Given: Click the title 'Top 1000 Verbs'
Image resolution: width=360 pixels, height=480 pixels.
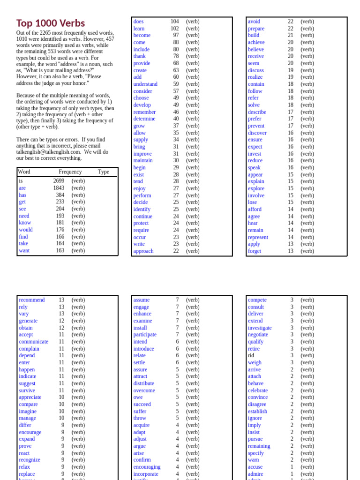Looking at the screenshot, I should [51, 23].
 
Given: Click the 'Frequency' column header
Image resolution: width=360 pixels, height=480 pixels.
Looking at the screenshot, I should [70, 172].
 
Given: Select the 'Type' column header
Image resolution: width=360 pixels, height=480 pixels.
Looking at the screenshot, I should [104, 172].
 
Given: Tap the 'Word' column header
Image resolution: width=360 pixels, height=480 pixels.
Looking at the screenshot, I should [24, 172].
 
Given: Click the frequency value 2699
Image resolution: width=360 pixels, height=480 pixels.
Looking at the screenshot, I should [59, 181].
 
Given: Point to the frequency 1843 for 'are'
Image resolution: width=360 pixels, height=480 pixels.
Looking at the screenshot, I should [59, 188].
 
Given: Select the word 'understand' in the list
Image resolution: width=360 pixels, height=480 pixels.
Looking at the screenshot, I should [145, 84].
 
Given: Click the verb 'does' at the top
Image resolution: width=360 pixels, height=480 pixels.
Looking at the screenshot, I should [138, 22].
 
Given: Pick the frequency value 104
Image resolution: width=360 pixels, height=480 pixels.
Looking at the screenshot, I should [174, 22].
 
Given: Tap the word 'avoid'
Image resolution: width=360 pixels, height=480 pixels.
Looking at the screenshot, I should [254, 22].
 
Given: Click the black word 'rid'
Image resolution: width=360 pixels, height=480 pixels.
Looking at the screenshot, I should [251, 355].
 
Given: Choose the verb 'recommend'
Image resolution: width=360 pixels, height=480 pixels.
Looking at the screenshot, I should [32, 300].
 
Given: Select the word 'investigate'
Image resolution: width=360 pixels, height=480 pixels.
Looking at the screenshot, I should [260, 328].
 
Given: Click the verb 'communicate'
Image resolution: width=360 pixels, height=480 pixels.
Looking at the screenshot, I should [33, 342].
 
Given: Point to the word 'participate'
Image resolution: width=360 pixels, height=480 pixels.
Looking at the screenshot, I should [145, 335].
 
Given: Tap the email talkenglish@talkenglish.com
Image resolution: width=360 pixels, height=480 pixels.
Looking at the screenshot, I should [48, 152].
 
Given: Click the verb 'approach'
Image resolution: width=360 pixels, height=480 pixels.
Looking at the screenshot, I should [143, 251].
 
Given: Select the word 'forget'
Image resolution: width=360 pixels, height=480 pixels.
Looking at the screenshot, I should [255, 251].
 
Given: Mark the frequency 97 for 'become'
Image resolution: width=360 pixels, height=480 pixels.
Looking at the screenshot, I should [176, 36].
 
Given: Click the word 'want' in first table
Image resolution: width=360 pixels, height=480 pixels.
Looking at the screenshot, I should [24, 251].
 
